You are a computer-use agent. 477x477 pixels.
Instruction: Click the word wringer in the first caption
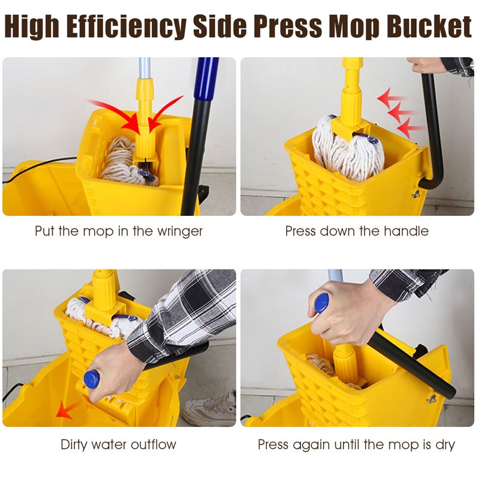pos(178,231)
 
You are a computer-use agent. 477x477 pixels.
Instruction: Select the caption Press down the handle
pos(357,231)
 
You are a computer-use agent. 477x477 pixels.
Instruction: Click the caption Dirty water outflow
pos(118,444)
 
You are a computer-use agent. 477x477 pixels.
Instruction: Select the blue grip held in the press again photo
pos(321,303)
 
